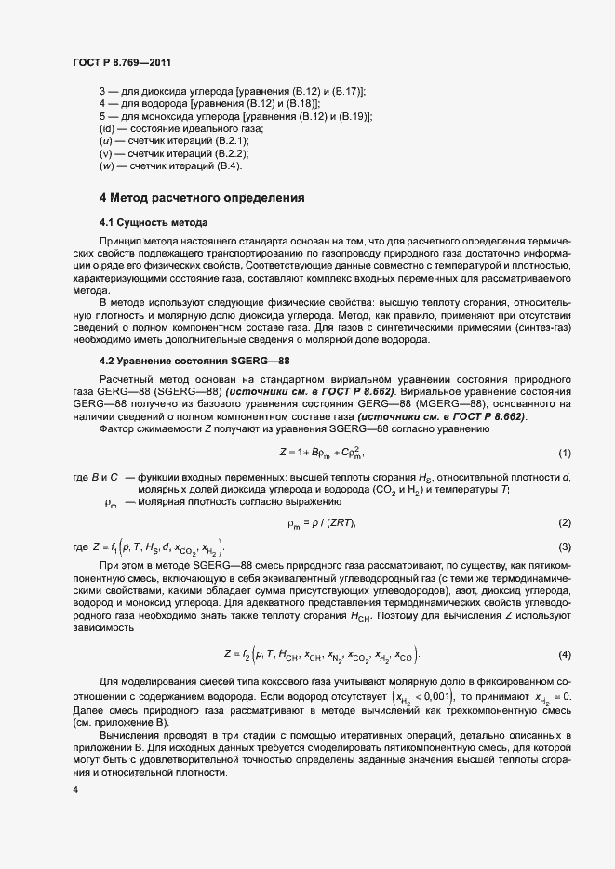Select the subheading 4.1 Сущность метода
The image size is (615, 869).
pos(154,223)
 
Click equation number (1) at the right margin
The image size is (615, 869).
pos(564,453)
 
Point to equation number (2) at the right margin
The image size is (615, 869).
pos(564,523)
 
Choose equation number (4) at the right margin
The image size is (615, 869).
pos(564,655)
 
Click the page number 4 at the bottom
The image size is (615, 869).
pos(75,790)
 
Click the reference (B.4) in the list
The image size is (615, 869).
pos(228,165)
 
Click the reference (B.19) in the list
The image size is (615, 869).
pos(353,116)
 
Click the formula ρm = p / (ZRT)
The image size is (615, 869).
pos(322,523)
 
